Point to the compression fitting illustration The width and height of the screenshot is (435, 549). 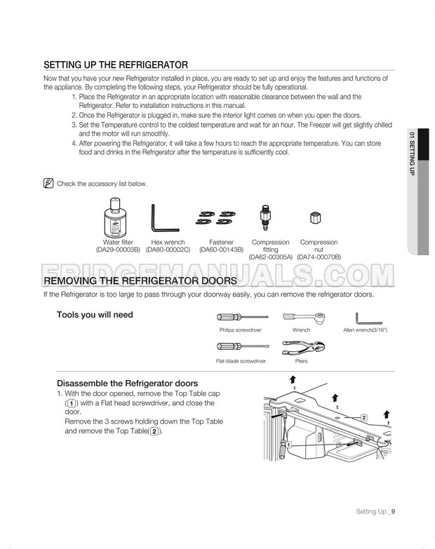265,217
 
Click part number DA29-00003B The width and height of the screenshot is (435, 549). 118,250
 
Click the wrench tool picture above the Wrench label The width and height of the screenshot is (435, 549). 300,318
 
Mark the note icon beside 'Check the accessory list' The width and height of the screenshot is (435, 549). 48,184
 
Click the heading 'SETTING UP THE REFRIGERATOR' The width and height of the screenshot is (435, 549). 115,64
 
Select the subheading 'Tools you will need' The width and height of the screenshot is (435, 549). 95,315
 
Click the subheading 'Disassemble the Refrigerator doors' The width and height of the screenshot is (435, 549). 126,383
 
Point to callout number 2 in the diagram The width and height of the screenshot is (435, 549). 363,417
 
